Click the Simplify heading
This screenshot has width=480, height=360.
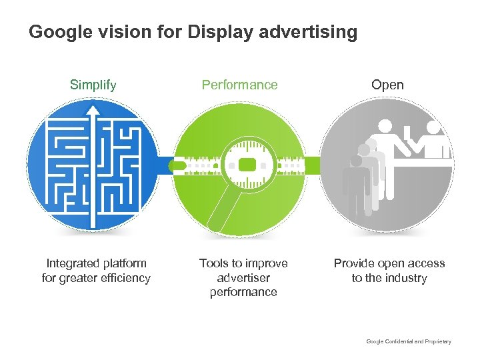tap(93, 85)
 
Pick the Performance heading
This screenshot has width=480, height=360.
tap(239, 85)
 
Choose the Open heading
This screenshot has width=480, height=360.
tap(387, 85)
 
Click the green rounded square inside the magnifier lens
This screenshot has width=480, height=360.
tap(247, 165)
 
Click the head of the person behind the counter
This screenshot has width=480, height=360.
tap(434, 127)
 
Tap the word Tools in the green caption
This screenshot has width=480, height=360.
tap(213, 263)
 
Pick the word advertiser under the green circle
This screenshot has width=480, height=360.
tap(243, 278)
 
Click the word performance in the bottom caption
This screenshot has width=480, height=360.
tap(243, 292)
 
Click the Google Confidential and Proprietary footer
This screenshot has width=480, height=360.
tap(409, 341)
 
